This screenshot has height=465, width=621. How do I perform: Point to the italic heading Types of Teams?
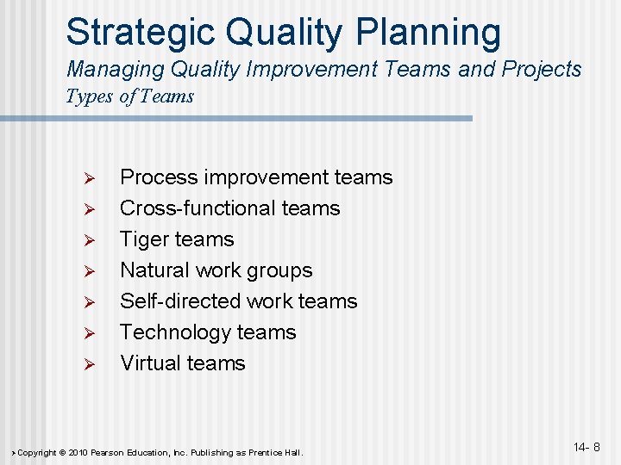(129, 96)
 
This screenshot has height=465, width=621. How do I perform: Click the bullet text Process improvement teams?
(255, 177)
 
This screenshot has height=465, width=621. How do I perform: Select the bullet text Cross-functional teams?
(229, 208)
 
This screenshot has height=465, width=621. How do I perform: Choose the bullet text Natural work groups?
(216, 270)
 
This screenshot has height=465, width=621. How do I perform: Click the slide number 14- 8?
(586, 447)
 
